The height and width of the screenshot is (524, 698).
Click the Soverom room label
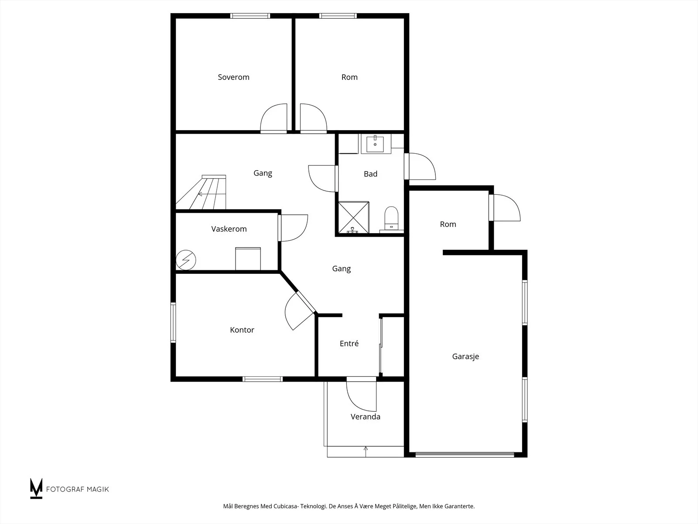[x=233, y=77]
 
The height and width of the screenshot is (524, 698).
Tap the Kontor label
[x=242, y=330]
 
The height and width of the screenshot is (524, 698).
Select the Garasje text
[x=465, y=357]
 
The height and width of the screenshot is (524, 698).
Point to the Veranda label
[x=366, y=417]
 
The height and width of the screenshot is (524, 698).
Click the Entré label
[x=349, y=343]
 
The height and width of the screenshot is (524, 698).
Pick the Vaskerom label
[x=229, y=229]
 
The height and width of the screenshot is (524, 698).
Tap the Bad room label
[x=370, y=174]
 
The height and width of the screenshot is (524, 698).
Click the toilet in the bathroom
[x=391, y=218]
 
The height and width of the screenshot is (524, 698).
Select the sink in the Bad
[x=375, y=144]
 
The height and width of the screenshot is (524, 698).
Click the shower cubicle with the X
[x=354, y=217]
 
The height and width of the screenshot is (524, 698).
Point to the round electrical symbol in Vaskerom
[x=186, y=260]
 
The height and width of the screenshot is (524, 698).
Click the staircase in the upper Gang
[x=201, y=192]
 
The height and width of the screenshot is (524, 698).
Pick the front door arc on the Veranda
[x=361, y=396]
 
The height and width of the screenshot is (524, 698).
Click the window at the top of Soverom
[x=250, y=16]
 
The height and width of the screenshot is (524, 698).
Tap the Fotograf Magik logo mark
[x=36, y=488]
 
